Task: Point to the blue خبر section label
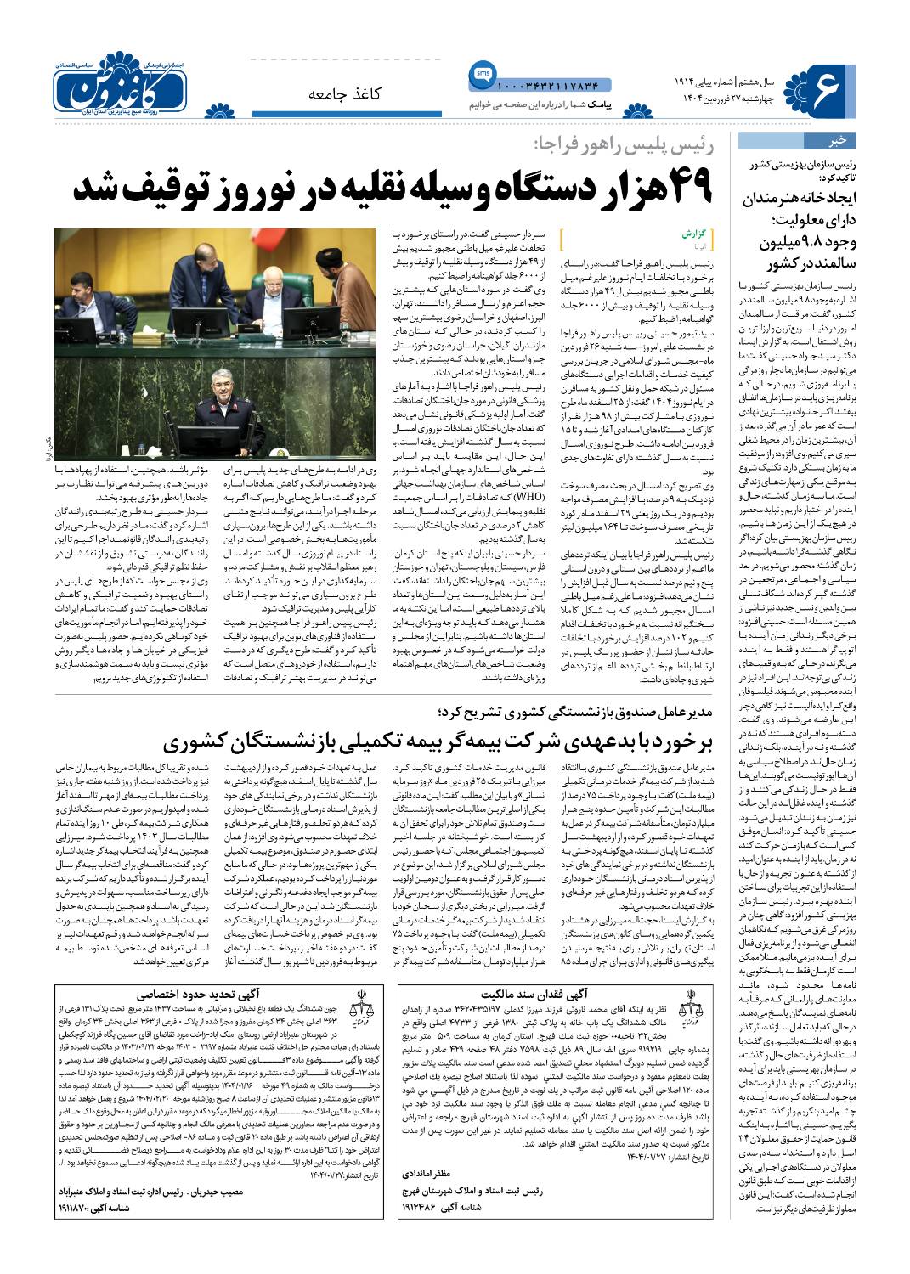[836, 141]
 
